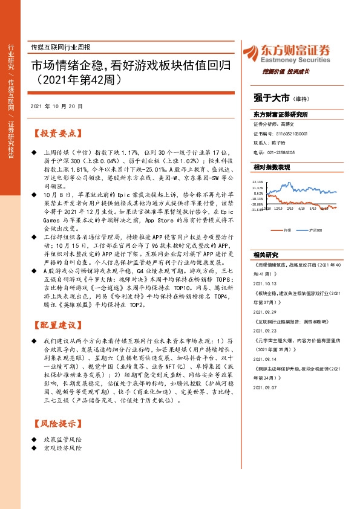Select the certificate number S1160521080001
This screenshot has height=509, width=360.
[292, 134]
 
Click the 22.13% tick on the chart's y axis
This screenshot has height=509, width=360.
[259, 181]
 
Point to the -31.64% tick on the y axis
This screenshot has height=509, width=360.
[259, 211]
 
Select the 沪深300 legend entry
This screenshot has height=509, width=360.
[315, 230]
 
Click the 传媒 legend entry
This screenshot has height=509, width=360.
[287, 230]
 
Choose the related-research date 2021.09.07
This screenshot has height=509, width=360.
[266, 386]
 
